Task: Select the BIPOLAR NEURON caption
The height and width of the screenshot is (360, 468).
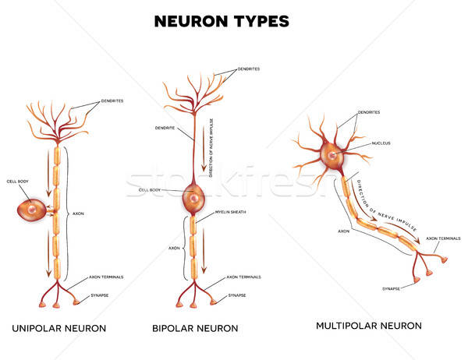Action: coord(196,327)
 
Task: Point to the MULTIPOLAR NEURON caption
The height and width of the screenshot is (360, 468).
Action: coord(368,325)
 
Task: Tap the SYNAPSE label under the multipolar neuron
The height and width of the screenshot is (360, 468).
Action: coord(392,288)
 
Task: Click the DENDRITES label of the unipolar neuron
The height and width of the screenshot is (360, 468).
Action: coord(114,102)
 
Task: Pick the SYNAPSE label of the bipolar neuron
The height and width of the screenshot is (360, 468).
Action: coord(238,295)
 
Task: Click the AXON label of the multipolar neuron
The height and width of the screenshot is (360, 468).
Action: coord(343,231)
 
